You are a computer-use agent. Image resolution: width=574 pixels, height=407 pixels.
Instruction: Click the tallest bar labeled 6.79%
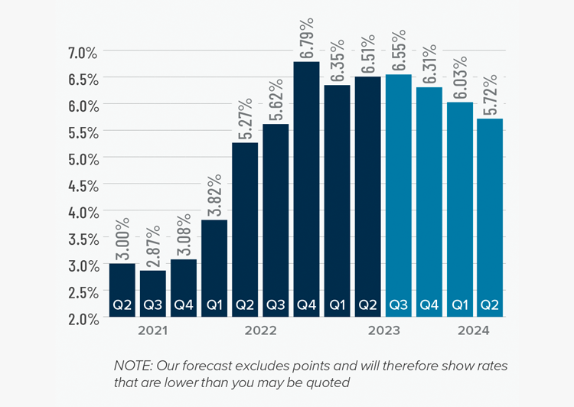(306, 184)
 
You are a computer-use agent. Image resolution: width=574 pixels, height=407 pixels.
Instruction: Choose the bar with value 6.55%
(398, 191)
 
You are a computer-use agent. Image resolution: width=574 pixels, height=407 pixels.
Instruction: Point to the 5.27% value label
(245, 119)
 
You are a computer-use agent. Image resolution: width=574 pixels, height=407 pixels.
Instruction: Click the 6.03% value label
(459, 79)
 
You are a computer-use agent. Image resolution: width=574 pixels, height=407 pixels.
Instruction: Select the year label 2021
(153, 331)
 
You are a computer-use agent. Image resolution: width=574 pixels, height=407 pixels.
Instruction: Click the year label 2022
(261, 331)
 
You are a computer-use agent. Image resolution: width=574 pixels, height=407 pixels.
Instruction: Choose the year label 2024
(474, 331)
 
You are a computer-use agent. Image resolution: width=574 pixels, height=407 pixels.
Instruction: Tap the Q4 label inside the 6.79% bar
(306, 305)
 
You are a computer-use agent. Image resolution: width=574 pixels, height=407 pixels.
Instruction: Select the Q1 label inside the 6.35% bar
(337, 305)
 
